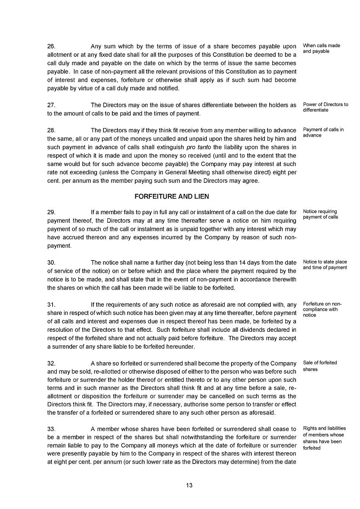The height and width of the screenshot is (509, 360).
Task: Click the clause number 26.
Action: tap(51, 46)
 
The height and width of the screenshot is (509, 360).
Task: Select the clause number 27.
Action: tap(51, 105)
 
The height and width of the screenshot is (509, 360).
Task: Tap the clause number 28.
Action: tap(51, 130)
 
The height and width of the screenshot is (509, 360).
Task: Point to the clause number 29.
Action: tap(51, 212)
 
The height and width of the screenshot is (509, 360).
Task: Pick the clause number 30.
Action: tap(51, 263)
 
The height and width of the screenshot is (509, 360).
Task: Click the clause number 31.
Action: tap(51, 304)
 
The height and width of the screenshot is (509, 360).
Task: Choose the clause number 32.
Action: tap(51, 364)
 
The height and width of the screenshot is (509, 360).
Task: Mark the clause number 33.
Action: tap(51, 430)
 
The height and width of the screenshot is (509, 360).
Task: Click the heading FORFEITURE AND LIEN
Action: tap(171, 196)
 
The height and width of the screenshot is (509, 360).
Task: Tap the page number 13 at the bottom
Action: tap(189, 485)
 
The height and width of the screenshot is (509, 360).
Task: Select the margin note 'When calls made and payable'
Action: tap(321, 48)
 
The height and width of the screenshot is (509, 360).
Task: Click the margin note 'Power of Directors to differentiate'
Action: tap(325, 107)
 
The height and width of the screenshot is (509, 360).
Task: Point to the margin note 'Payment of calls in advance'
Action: tap(323, 132)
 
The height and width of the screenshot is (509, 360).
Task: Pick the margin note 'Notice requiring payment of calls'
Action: tap(320, 214)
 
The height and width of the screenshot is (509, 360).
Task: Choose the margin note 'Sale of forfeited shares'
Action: tap(320, 366)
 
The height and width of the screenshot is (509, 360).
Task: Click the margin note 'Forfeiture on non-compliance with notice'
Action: tap(322, 310)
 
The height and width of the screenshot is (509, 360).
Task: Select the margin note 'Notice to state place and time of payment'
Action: tap(325, 265)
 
